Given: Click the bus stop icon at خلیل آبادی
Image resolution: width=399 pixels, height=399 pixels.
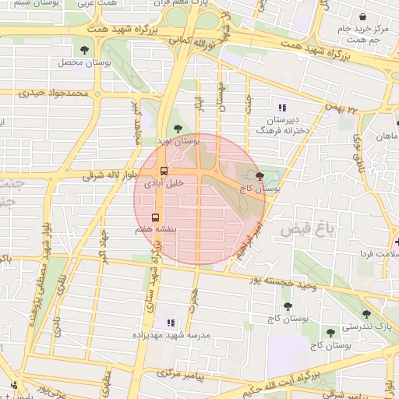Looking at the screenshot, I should (x=164, y=171).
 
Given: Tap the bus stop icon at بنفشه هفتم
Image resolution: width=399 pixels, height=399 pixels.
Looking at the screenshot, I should (x=155, y=218).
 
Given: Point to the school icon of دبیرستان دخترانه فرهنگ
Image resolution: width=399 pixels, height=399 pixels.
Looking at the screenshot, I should (x=281, y=108).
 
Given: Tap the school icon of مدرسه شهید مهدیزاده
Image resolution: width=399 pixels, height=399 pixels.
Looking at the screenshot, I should (x=171, y=323).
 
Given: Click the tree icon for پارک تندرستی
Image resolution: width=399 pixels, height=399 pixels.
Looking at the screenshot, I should (x=366, y=314).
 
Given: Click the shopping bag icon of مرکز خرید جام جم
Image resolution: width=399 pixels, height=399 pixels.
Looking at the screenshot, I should (x=362, y=16).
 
